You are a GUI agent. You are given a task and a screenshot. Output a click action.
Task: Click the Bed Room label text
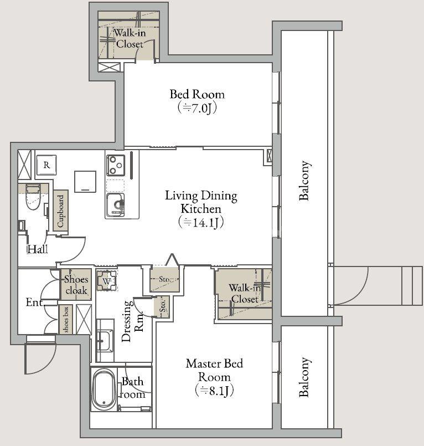coord(197,94)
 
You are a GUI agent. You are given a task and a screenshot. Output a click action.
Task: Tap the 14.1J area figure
coord(201,222)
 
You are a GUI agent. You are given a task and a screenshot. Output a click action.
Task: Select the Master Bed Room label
coord(215,370)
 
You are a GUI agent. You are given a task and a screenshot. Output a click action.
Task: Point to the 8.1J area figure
coord(215,391)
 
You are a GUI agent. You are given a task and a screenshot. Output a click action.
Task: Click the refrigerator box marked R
coord(46,165)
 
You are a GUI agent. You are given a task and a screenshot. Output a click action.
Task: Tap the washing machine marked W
coord(107,281)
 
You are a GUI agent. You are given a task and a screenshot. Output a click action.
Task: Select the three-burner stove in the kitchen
coord(116,165)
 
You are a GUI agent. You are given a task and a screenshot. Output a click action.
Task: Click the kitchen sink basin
coord(115,204)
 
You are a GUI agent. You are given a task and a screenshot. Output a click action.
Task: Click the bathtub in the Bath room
coord(104,389)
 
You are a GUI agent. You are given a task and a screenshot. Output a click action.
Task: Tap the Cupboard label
coord(60,211)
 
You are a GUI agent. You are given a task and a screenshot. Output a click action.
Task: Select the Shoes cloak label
coord(76,285)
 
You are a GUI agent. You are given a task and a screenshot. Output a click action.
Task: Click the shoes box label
coord(66,320)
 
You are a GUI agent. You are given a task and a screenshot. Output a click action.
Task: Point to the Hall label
coord(38,249)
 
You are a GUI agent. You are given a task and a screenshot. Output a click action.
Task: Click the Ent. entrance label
coord(35,302)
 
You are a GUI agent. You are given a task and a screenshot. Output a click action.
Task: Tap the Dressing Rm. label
coord(132,321)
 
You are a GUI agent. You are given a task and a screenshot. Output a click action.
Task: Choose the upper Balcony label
coord(304,181)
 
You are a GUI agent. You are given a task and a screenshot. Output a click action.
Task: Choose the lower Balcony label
coord(304,377)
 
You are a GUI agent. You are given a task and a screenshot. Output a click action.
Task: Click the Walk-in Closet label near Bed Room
coord(130,38)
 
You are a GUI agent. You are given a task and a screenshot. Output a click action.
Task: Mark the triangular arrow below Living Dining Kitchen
coord(172,260)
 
